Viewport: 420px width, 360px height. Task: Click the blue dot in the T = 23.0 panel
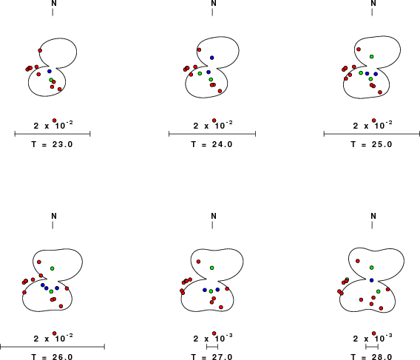tap(50, 71)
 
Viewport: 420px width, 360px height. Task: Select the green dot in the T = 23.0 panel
tap(51, 80)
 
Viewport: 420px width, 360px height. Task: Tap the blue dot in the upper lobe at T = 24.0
tap(212, 58)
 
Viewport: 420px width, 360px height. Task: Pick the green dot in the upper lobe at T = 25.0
tap(371, 56)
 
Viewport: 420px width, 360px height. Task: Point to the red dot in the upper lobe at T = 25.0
tap(359, 50)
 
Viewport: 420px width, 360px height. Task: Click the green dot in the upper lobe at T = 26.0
tap(52, 268)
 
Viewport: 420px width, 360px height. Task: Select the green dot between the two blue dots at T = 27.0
tap(211, 291)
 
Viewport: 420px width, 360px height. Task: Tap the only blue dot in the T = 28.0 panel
tap(371, 280)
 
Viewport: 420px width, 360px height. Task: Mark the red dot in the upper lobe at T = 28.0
tap(358, 261)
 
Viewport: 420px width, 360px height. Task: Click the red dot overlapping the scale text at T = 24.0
tap(214, 120)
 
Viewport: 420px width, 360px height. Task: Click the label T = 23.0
tap(52, 144)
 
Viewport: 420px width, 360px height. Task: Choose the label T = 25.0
tap(371, 144)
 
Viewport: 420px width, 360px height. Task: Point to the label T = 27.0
tap(212, 357)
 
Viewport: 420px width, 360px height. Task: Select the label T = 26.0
tap(52, 357)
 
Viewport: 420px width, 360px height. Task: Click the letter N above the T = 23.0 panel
tap(54, 3)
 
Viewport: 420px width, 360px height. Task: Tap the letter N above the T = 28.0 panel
tap(373, 216)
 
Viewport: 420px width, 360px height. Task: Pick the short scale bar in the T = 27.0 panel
tap(212, 347)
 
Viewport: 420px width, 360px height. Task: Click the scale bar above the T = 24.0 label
tap(212, 134)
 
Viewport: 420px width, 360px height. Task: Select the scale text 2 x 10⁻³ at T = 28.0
tap(373, 339)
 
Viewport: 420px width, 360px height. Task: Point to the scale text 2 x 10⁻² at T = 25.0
tap(373, 125)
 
